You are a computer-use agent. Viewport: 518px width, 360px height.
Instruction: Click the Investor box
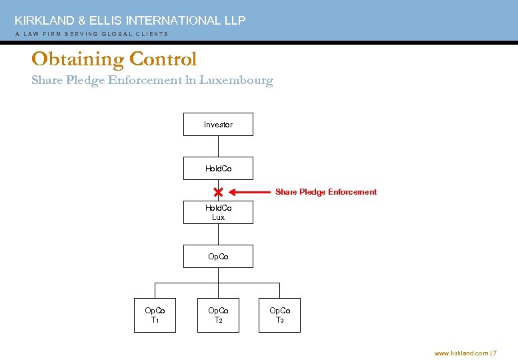pyautogui.click(x=218, y=125)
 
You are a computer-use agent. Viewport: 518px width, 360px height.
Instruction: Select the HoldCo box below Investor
pyautogui.click(x=218, y=169)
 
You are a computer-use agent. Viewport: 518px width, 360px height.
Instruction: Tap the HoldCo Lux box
pyautogui.click(x=218, y=213)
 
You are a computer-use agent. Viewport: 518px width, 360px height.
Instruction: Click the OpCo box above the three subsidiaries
pyautogui.click(x=218, y=257)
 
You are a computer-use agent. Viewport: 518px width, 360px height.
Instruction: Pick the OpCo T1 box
pyautogui.click(x=155, y=315)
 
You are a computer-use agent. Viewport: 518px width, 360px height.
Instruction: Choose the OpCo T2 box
pyautogui.click(x=218, y=315)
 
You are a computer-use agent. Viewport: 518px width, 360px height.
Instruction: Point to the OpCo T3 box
pyautogui.click(x=279, y=315)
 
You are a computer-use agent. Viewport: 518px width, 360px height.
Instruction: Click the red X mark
pyautogui.click(x=218, y=192)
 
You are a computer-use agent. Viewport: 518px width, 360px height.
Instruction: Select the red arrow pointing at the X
pyautogui.click(x=249, y=192)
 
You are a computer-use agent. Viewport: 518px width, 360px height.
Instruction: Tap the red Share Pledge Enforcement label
pyautogui.click(x=326, y=192)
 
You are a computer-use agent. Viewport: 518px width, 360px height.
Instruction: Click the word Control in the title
pyautogui.click(x=163, y=59)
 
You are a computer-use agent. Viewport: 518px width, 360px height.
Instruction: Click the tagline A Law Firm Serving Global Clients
pyautogui.click(x=91, y=34)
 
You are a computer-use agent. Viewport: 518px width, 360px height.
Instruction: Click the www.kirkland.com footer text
pyautogui.click(x=461, y=353)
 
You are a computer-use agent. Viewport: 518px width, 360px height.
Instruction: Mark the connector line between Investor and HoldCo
pyautogui.click(x=218, y=147)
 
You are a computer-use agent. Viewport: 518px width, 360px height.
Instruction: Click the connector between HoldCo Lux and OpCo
pyautogui.click(x=218, y=235)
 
